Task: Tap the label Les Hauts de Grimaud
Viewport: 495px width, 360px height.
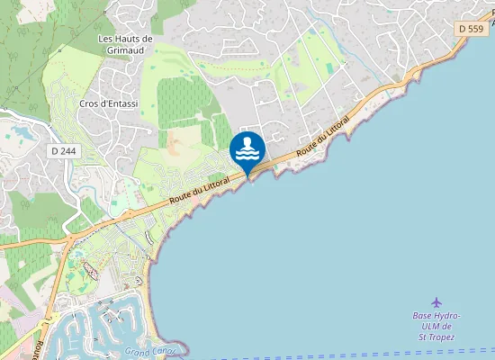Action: point(125,45)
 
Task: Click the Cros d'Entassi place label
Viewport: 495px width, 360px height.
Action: point(108,103)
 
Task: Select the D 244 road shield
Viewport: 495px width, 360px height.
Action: point(63,151)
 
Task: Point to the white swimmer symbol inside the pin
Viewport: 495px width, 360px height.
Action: point(247,148)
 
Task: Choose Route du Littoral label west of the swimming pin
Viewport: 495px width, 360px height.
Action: point(200,188)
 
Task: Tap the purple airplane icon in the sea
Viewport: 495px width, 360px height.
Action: point(437,301)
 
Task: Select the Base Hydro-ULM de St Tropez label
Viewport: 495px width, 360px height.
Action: point(436,326)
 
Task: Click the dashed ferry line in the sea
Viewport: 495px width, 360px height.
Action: point(360,354)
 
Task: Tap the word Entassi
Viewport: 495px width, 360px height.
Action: point(121,103)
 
